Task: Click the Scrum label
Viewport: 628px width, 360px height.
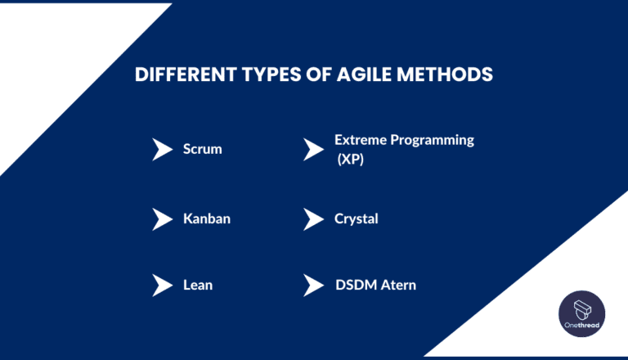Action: (202, 150)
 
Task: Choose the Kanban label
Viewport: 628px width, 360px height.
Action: (207, 219)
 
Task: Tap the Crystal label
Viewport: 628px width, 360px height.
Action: (356, 219)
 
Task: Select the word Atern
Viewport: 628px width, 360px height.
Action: (398, 286)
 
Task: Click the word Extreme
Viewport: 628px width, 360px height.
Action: (360, 140)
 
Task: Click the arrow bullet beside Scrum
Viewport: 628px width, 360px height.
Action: (162, 150)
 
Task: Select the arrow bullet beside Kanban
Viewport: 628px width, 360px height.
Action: (162, 219)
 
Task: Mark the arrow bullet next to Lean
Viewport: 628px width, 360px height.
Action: (162, 286)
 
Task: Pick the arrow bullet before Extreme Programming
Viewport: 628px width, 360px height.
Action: (313, 150)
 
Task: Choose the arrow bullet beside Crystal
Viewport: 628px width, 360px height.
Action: (313, 219)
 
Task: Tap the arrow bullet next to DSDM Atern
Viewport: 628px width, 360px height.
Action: (313, 286)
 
